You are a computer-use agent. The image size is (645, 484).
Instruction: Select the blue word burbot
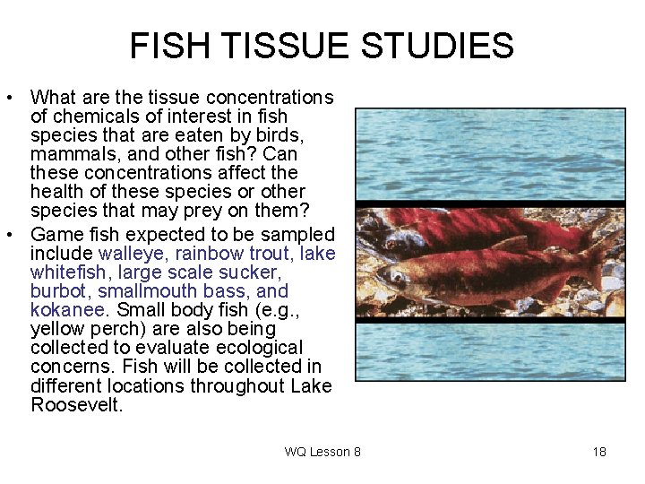[x=57, y=291]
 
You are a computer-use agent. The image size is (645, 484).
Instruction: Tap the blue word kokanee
[x=68, y=310]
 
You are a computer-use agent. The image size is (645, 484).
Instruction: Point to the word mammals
[x=70, y=153]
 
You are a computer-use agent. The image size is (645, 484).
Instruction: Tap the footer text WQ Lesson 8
[x=322, y=452]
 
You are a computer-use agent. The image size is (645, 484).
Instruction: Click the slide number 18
[x=599, y=452]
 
